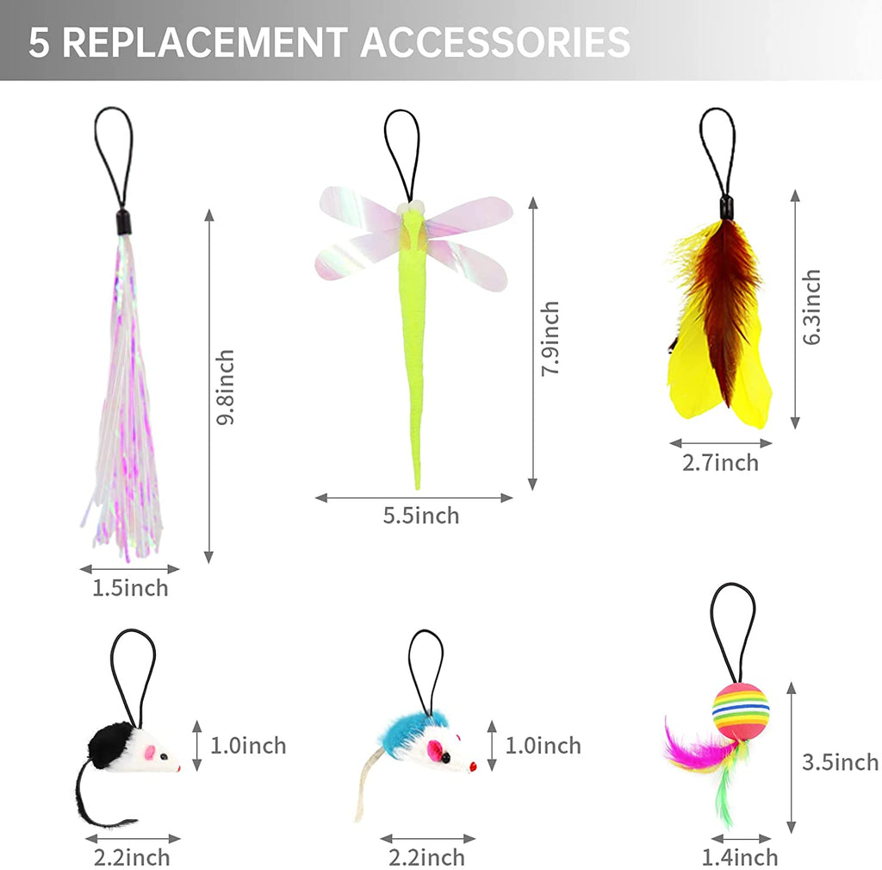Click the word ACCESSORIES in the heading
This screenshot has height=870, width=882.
coord(495,42)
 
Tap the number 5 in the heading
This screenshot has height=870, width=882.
coord(39,42)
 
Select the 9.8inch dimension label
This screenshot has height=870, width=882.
coord(225,387)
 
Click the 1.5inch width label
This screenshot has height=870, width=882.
coord(130,588)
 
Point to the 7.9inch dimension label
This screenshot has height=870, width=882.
coord(550,338)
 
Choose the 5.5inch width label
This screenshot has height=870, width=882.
coord(421,516)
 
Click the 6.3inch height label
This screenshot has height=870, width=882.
coord(811,307)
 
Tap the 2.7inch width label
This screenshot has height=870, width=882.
coord(721,463)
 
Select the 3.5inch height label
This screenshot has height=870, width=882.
coord(841,762)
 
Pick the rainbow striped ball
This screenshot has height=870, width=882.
coord(740,711)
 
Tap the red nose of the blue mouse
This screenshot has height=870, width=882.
coord(473,767)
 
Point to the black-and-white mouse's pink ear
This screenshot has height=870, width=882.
coord(150,753)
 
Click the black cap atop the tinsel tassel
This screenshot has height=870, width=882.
coord(123,222)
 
